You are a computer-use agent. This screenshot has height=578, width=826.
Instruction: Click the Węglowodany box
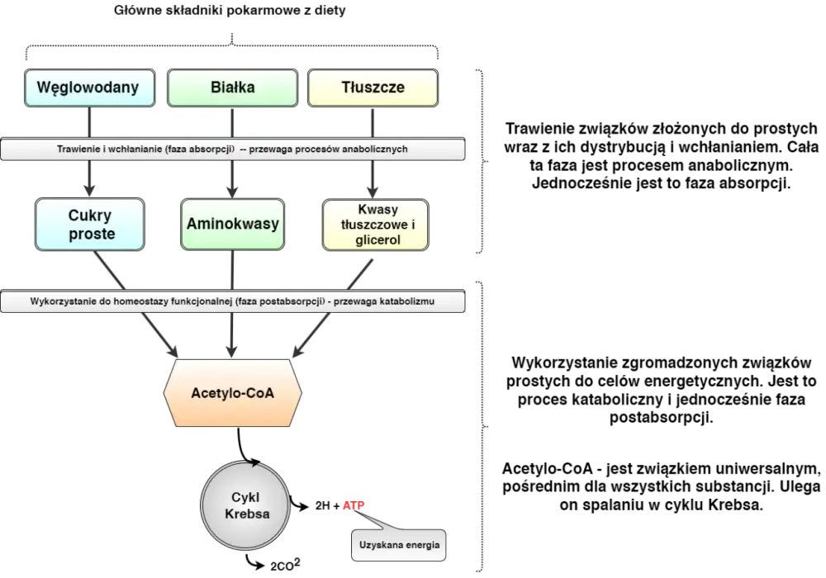[89, 88]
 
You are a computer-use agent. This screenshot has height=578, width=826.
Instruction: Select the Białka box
[232, 88]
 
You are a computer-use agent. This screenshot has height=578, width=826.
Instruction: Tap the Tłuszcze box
[373, 88]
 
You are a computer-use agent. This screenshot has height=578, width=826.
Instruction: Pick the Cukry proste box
[89, 225]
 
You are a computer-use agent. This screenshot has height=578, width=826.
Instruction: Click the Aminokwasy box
[232, 225]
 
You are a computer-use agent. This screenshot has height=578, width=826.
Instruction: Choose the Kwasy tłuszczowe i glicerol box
[376, 225]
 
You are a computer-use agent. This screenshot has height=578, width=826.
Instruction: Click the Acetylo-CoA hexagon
[232, 393]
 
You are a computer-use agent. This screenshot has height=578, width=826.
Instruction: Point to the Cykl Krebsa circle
[245, 505]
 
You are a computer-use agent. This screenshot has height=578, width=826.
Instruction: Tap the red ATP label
[354, 506]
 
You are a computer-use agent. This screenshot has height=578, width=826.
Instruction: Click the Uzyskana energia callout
[399, 545]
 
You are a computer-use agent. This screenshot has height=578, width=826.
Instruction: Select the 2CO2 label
[285, 566]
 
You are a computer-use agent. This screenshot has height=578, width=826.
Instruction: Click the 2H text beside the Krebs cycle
[322, 506]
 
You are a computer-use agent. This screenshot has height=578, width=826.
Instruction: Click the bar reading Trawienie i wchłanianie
[232, 149]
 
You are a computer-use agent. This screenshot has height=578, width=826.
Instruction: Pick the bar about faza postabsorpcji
[232, 301]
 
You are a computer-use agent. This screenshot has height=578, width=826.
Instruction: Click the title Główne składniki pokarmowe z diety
[230, 10]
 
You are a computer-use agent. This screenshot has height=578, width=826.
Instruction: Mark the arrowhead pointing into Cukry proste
[89, 190]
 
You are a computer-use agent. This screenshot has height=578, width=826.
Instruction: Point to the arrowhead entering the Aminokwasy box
[232, 191]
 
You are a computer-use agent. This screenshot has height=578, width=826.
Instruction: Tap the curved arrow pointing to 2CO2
[255, 563]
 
